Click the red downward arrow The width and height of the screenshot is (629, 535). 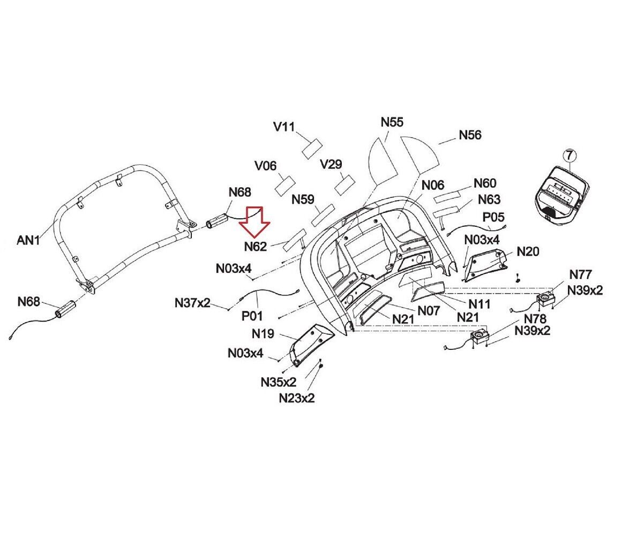254,221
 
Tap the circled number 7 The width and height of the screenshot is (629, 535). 569,155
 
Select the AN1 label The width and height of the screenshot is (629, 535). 28,240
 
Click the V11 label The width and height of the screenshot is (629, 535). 284,127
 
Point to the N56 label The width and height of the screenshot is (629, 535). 470,135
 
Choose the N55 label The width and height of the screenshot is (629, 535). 392,122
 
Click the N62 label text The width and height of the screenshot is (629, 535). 256,247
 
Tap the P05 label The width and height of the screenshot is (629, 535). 493,217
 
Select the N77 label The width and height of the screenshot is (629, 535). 580,274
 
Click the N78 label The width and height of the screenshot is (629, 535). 535,318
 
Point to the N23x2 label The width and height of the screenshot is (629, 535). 297,398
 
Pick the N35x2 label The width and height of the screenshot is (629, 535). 279,382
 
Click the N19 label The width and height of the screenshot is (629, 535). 263,334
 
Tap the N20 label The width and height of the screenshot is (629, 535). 528,251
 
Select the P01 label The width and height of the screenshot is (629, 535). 252,316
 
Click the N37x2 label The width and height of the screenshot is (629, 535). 192,303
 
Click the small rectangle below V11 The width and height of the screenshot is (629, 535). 312,149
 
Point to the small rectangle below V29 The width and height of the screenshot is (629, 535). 345,185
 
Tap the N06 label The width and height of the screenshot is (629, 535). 433,185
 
